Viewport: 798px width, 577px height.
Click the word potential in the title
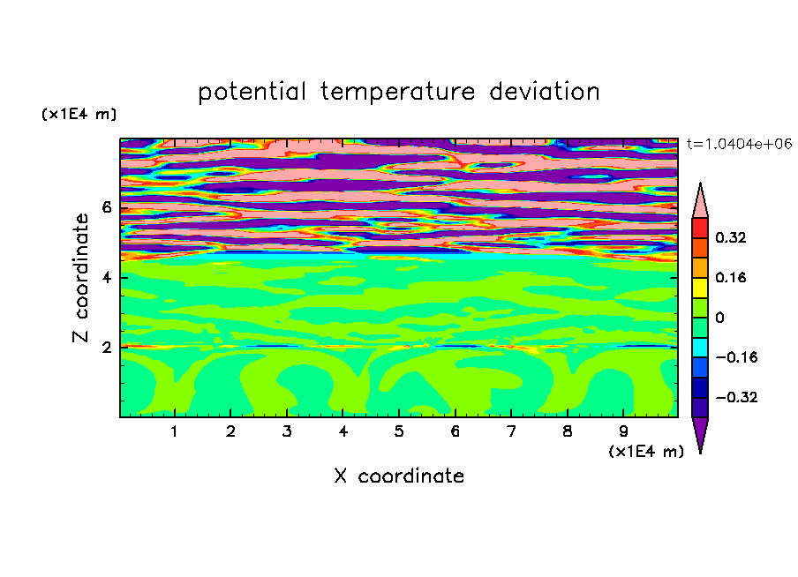tap(252, 93)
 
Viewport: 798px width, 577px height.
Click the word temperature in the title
tap(397, 93)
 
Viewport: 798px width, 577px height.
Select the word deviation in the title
tap(545, 92)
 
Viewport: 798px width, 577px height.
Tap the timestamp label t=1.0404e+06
tap(739, 144)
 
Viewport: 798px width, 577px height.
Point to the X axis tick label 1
tap(175, 431)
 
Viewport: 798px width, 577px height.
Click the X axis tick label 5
tap(399, 431)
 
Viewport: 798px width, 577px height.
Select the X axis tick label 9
tap(623, 431)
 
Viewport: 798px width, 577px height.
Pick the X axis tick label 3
tap(287, 431)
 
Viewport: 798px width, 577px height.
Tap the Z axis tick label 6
tap(106, 207)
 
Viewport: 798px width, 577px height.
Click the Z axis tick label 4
tap(106, 277)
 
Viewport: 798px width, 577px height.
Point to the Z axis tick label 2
tap(106, 348)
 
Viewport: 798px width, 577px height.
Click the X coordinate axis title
tap(399, 476)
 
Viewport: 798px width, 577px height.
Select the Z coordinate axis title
tap(80, 278)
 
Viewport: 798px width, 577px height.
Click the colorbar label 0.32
tap(730, 237)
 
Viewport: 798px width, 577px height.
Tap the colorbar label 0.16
tap(730, 277)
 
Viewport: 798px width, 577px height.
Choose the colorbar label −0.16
tap(736, 357)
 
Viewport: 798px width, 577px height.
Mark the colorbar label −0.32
tap(736, 397)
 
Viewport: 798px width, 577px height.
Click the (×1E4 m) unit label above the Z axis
tap(79, 114)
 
